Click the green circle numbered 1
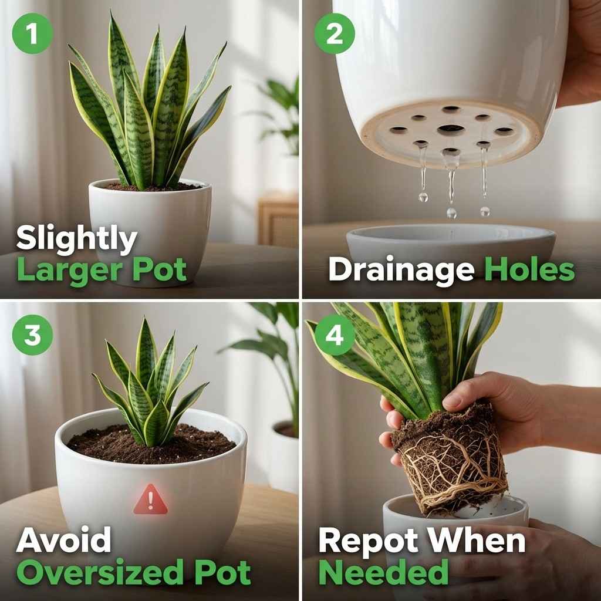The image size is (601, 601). (x=32, y=33)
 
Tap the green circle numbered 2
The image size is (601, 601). (x=334, y=33)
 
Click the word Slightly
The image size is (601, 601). (x=76, y=239)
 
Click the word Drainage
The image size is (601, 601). (x=401, y=270)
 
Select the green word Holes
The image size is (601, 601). (x=529, y=270)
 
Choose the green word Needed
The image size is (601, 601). (x=383, y=572)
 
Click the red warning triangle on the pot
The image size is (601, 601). (x=150, y=500)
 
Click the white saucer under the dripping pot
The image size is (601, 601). (x=451, y=242)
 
